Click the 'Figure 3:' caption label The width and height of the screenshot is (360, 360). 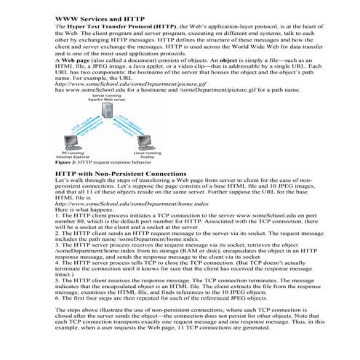tap(67, 164)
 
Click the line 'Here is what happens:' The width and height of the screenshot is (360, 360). tap(85, 211)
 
